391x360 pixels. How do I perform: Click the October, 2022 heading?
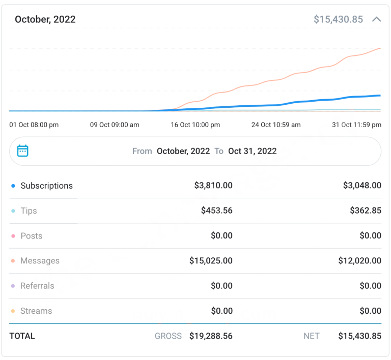tap(45, 20)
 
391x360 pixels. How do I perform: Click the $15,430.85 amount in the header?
tap(338, 20)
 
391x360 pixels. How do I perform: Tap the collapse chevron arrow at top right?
tap(377, 20)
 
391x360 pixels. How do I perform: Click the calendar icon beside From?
tap(22, 151)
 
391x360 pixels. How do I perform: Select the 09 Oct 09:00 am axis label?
tap(115, 125)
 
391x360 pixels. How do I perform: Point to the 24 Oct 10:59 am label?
tap(276, 125)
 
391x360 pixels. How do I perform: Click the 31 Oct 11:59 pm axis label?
tap(356, 125)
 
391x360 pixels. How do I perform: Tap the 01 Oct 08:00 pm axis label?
tap(34, 125)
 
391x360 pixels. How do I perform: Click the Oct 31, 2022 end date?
tap(253, 151)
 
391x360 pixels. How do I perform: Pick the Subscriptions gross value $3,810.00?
tap(213, 186)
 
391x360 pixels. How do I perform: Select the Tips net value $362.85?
tap(366, 211)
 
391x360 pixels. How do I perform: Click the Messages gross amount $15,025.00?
tap(211, 261)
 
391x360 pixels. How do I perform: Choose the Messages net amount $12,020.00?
tap(359, 261)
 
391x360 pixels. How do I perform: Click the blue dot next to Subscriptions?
tap(13, 186)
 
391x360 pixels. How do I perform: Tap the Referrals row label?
tap(37, 286)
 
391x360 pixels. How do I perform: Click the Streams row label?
tap(36, 311)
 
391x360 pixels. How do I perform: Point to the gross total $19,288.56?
tap(211, 336)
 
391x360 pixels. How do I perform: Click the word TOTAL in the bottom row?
tap(22, 336)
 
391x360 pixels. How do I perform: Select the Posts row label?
tap(31, 236)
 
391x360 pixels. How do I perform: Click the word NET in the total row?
tap(311, 336)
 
